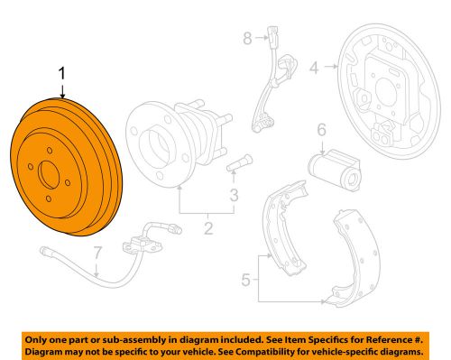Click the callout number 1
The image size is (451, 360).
61,73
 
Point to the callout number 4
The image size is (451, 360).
314,66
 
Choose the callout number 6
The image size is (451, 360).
321,132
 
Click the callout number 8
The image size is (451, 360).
246,38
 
